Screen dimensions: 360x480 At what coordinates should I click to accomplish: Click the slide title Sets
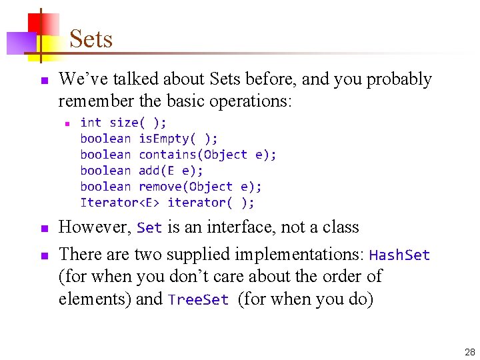pos(91,39)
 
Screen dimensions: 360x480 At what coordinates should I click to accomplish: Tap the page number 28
pos(469,352)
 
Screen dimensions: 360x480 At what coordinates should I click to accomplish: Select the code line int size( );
pos(123,122)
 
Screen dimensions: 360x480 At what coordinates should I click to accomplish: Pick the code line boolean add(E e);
pos(141,171)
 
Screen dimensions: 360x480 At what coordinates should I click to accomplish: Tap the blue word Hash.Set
pos(399,255)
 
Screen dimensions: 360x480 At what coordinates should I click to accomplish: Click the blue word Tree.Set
pos(199,300)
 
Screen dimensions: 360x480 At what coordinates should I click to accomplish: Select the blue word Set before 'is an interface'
pos(149,228)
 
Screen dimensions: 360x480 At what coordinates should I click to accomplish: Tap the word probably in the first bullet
pos(399,79)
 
